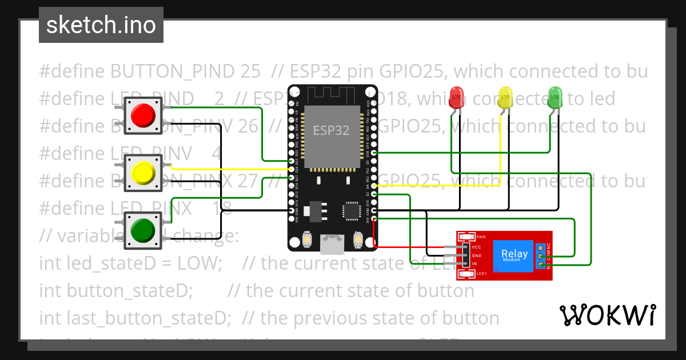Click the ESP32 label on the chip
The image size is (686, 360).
(x=331, y=130)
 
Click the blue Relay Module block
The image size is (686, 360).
(x=514, y=255)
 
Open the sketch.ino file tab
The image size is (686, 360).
(x=101, y=25)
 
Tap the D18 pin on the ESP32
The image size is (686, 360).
(x=373, y=153)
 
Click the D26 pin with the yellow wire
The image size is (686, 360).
(x=292, y=169)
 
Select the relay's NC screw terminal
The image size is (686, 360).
(x=540, y=247)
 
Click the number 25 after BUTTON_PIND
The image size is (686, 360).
(x=250, y=71)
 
